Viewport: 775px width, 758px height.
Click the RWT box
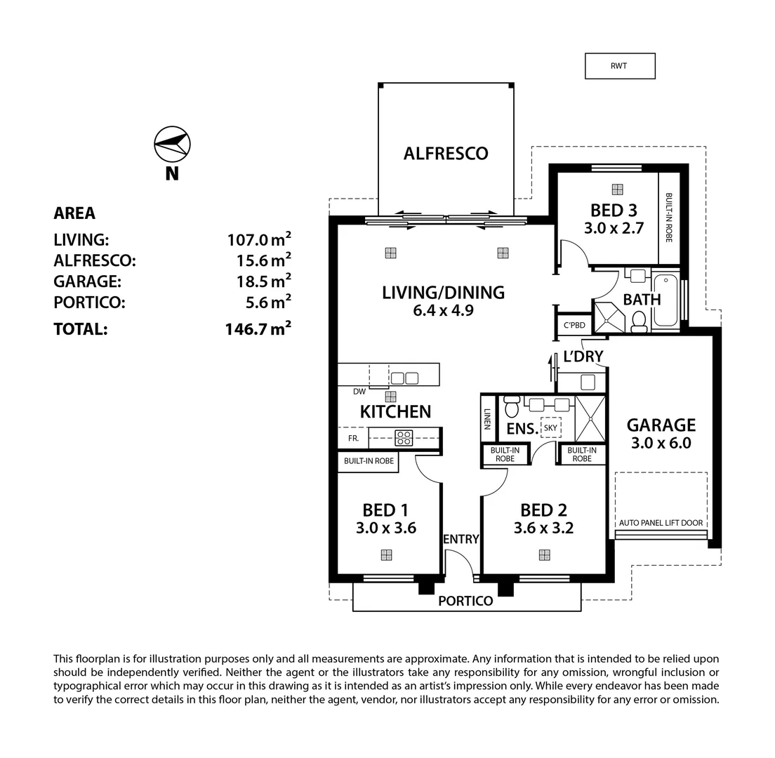(619, 66)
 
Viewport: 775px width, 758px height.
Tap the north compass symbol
(172, 144)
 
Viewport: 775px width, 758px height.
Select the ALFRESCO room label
(445, 154)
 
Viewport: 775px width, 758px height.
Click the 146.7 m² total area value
(258, 328)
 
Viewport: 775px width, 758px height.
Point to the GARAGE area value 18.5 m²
(263, 281)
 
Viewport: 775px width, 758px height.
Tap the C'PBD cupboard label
(573, 325)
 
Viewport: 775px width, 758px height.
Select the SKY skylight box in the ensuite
(550, 427)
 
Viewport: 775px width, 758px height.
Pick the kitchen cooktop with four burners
(404, 438)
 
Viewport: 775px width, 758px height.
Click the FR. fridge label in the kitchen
(353, 439)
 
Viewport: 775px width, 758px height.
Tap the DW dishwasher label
(359, 392)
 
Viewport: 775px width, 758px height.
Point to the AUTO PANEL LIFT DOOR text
(660, 523)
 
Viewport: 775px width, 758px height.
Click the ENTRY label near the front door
(461, 539)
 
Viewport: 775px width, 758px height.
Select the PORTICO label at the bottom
(465, 601)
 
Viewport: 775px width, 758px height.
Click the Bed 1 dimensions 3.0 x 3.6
(385, 528)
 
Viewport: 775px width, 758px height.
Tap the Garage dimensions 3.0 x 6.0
(661, 443)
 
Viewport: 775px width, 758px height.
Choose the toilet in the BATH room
(639, 321)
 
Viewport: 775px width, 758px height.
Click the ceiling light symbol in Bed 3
(617, 189)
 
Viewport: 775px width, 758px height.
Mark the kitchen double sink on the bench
(404, 378)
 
